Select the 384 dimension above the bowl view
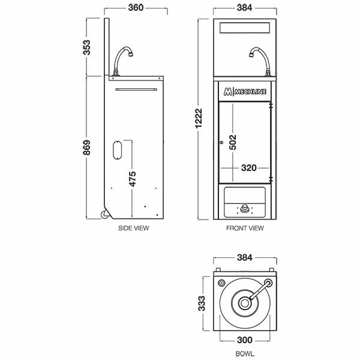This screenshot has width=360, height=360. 245,259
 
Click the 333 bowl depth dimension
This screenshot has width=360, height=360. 202,301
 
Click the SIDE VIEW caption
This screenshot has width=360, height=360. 133,229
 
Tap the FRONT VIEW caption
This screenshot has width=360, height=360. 245,229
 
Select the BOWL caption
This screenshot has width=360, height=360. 245,355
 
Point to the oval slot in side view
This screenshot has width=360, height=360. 118,150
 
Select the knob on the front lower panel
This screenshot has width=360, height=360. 245,209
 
